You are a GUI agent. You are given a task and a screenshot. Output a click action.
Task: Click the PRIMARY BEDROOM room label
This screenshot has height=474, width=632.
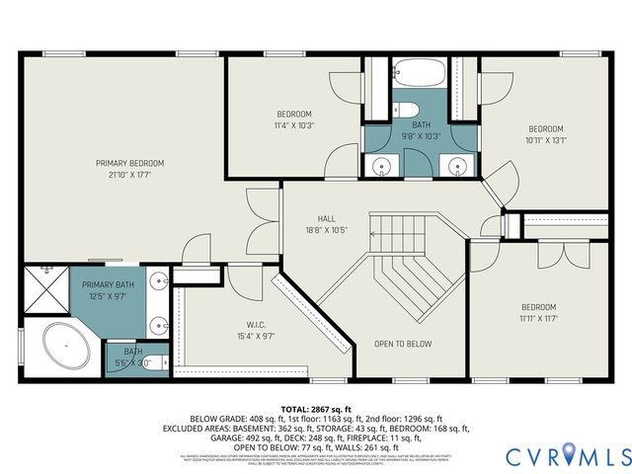point(129,163)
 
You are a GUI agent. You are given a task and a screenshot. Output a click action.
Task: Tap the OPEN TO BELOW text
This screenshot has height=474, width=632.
point(402,345)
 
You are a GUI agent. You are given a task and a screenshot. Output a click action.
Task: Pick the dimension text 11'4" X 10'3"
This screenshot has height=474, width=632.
point(293,126)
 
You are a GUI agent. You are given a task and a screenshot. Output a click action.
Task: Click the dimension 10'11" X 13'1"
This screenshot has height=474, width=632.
point(545,140)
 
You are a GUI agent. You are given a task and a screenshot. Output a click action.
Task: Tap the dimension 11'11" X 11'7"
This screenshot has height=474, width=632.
point(538,319)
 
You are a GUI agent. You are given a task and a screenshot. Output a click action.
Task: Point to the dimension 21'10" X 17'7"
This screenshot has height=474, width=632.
point(129,175)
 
